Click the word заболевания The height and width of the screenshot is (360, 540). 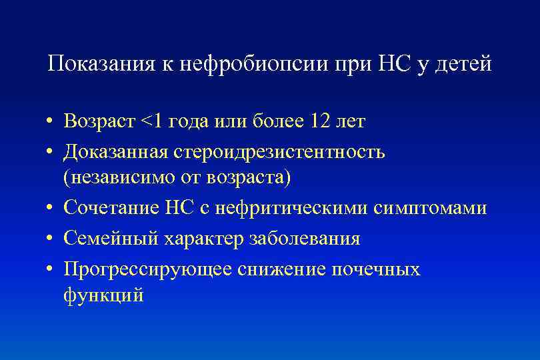pyautogui.click(x=299, y=238)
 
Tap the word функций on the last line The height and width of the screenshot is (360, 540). pyautogui.click(x=103, y=295)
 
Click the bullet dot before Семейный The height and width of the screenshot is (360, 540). pyautogui.click(x=51, y=239)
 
